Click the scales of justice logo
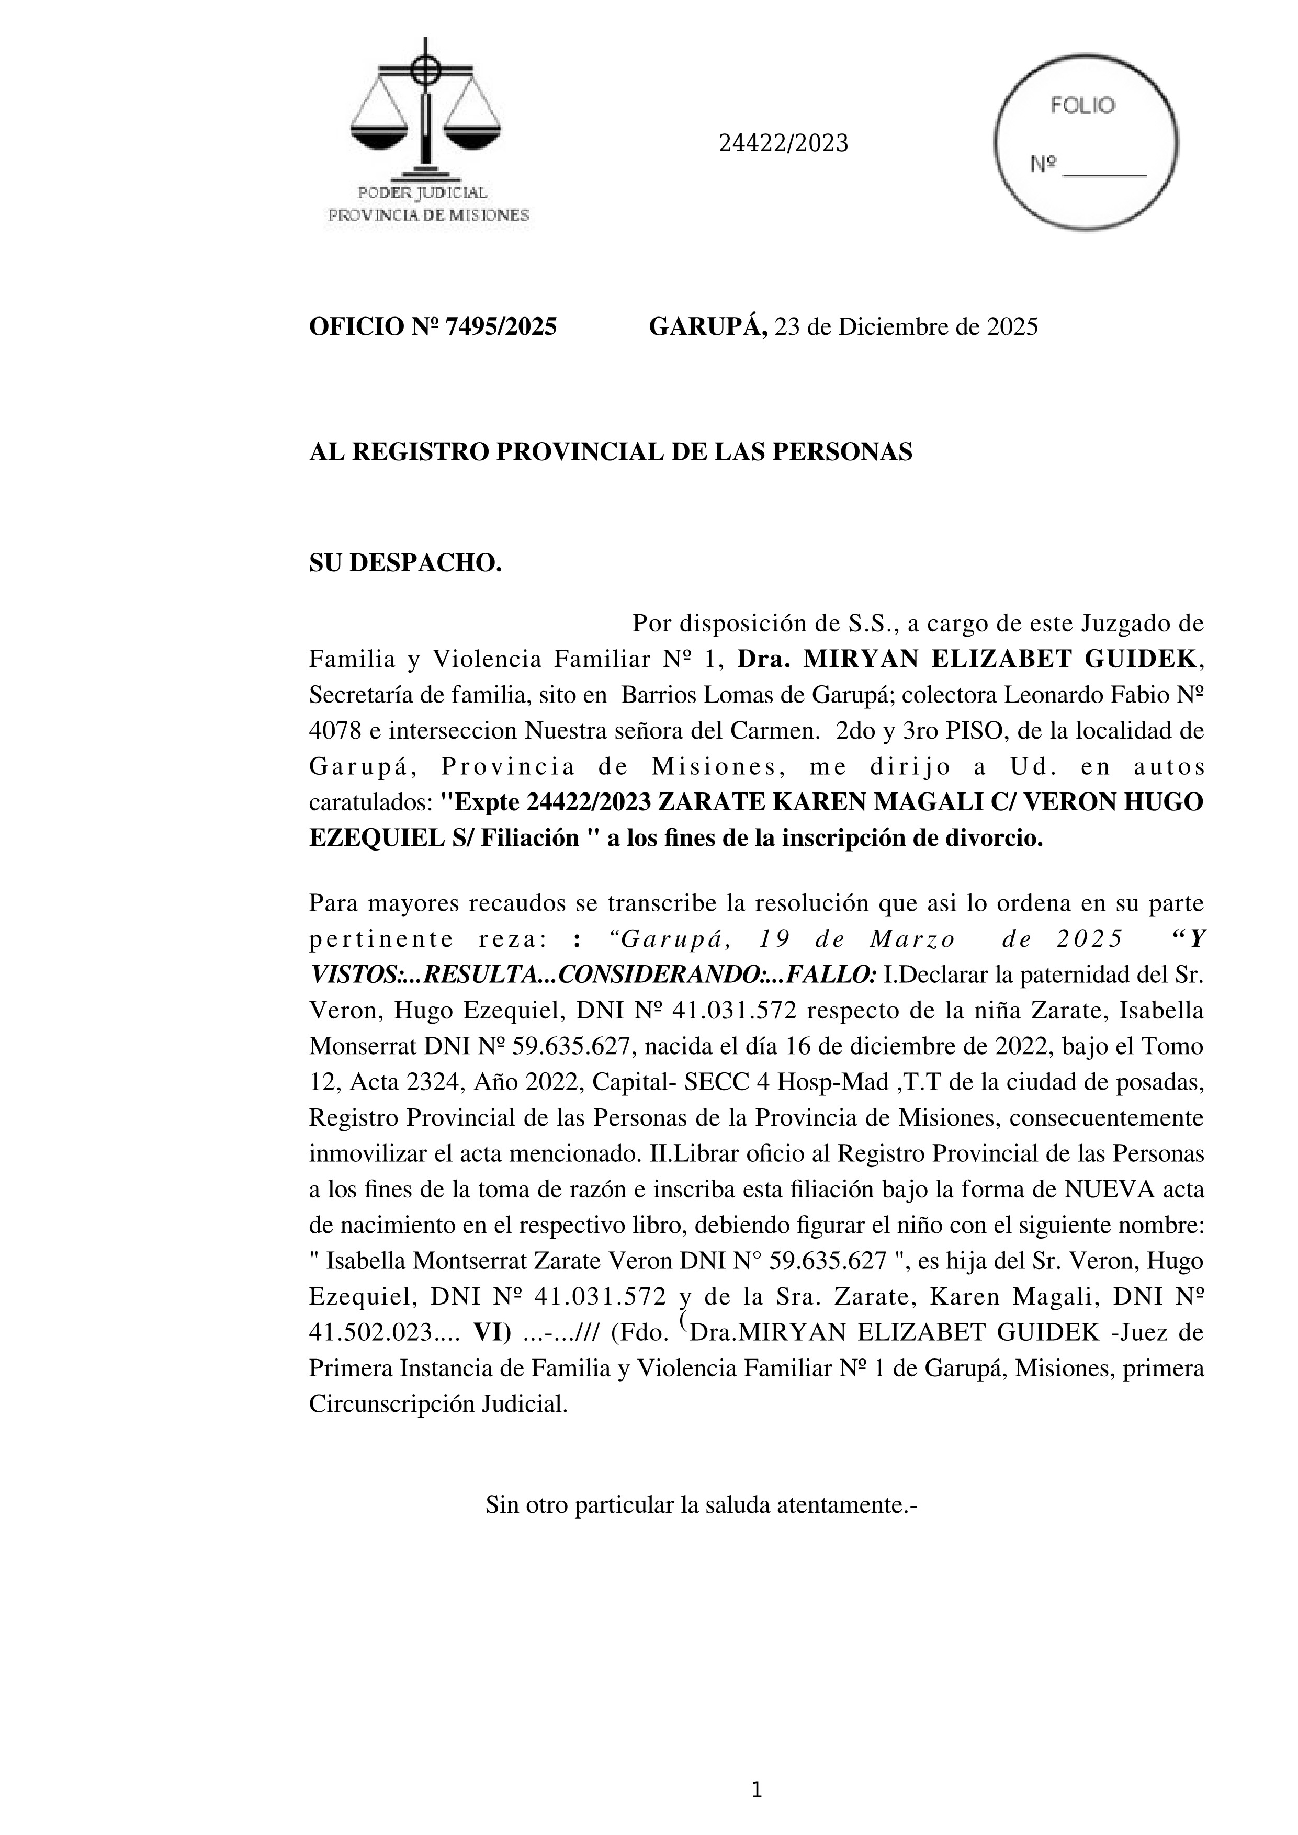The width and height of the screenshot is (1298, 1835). (x=426, y=112)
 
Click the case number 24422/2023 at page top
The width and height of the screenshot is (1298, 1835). (x=783, y=143)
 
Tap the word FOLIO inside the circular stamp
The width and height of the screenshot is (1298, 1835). (x=1082, y=106)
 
